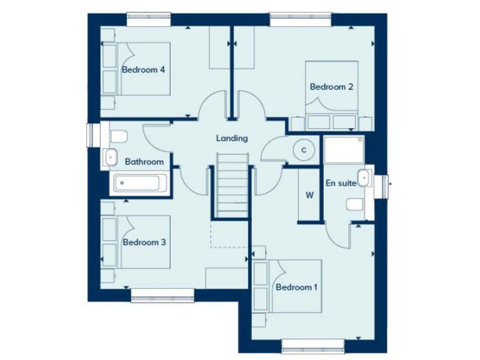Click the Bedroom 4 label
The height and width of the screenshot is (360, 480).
pos(143,69)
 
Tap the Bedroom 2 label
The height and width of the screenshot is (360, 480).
pos(332,87)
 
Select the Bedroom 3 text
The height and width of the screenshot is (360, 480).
pos(144,242)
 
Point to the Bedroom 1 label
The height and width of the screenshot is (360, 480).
pos(297,287)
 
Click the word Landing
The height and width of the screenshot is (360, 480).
pos(232,138)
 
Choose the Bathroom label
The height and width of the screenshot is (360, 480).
pos(144,162)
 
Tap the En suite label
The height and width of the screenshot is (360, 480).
pos(341,183)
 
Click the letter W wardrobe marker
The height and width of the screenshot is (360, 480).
pos(309,194)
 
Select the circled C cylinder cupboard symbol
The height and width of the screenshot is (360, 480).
pos(304,150)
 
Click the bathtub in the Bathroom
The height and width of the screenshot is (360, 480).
pos(139,184)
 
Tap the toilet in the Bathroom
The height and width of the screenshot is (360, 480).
pos(117,136)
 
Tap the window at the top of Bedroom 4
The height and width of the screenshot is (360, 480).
pos(149,19)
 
